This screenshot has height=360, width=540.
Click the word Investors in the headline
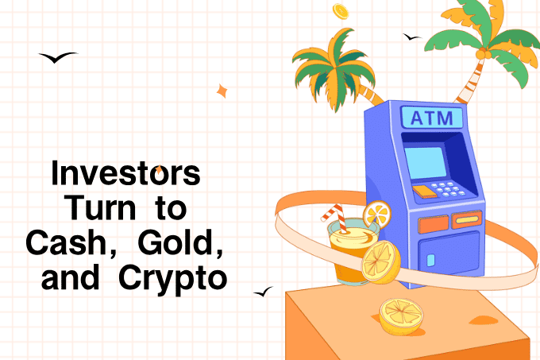coord(125,174)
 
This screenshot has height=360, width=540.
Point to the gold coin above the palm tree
coord(341,11)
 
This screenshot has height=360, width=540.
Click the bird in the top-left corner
coord(58,57)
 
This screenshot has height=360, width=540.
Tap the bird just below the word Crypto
coord(263,292)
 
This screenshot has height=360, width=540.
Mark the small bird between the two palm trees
coord(411,37)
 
